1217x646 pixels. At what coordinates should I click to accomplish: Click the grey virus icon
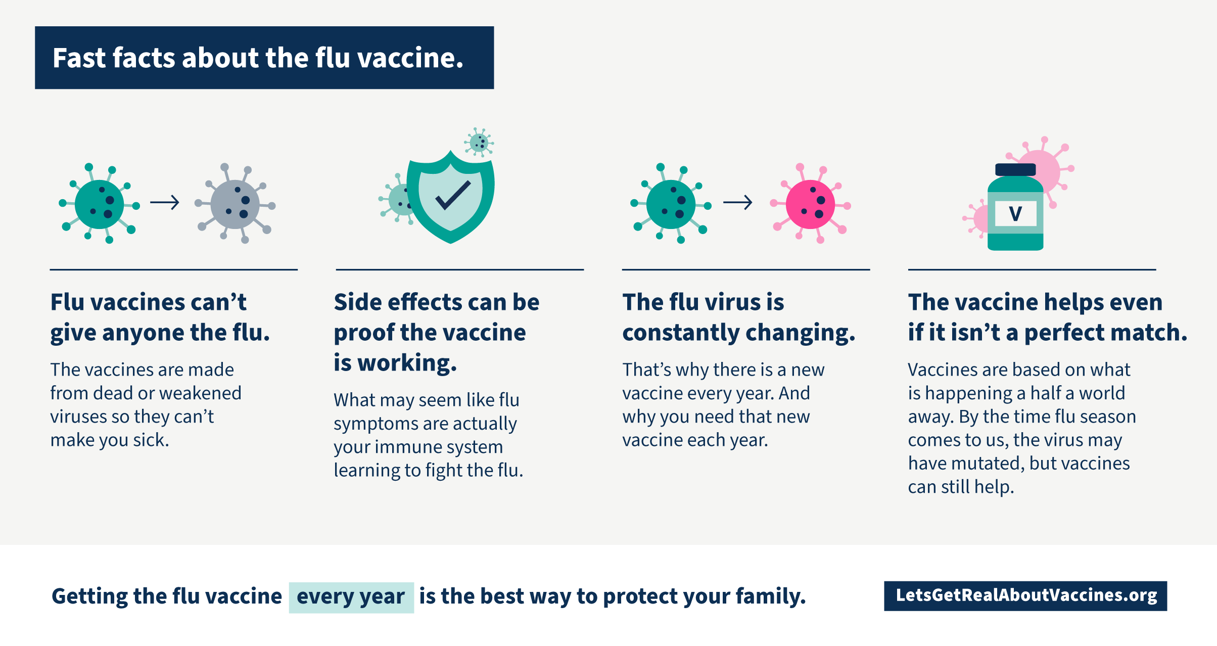tap(236, 204)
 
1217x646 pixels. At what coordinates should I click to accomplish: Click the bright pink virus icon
tap(811, 204)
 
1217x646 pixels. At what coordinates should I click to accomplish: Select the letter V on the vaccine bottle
tap(1015, 214)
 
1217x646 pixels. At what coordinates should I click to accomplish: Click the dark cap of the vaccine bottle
tap(1015, 169)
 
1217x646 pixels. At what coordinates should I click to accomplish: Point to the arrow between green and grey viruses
tap(165, 203)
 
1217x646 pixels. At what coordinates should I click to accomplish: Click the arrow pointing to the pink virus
tap(738, 203)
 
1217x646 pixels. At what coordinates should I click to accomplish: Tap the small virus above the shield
tap(479, 143)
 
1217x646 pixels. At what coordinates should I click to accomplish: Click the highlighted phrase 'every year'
tap(351, 597)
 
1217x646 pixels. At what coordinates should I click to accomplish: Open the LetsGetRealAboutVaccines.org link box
tap(1025, 596)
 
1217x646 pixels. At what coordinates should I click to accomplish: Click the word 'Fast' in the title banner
tap(79, 58)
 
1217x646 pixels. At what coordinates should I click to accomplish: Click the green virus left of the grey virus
tap(100, 204)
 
